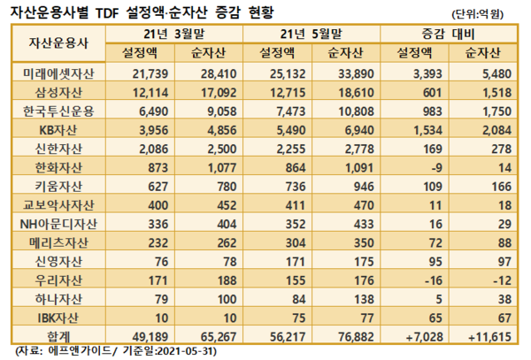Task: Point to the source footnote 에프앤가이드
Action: click(x=84, y=352)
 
